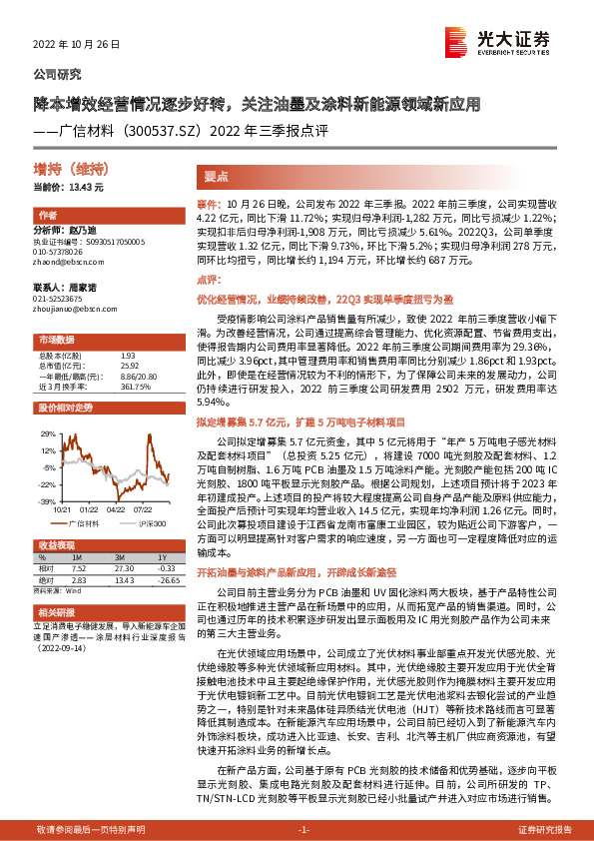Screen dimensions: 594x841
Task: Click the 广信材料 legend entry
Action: [82, 522]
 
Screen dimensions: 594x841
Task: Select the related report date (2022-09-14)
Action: [60, 650]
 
